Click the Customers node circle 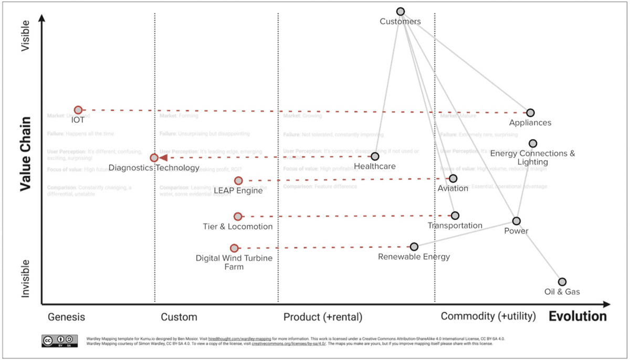coord(401,12)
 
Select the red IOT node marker coord(78,110)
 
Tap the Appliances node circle coord(530,113)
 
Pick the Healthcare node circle coord(375,156)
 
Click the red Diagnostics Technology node coord(154,157)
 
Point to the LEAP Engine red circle coord(238,181)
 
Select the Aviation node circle coord(453,178)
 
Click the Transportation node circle coord(455,216)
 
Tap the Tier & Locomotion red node coord(238,216)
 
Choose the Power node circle coord(517,221)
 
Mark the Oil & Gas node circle coord(562,282)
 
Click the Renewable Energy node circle coord(414,247)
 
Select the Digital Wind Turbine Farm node coord(234,248)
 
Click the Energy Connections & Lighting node coord(533,143)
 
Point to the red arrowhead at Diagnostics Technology coord(163,157)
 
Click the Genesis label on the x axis coord(66,317)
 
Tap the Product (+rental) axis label coord(323,317)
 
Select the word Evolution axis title coord(577,316)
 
